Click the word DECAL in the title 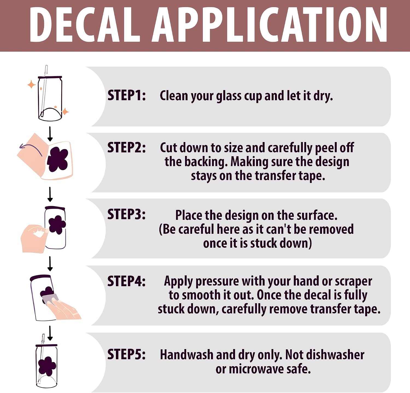click(85, 25)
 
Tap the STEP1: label click(127, 95)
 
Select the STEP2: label click(127, 147)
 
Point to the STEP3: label click(127, 214)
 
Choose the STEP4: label click(127, 281)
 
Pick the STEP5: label click(127, 354)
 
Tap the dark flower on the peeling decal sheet click(58, 159)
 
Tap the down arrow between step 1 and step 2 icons click(50, 134)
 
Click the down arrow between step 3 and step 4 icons click(50, 264)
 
